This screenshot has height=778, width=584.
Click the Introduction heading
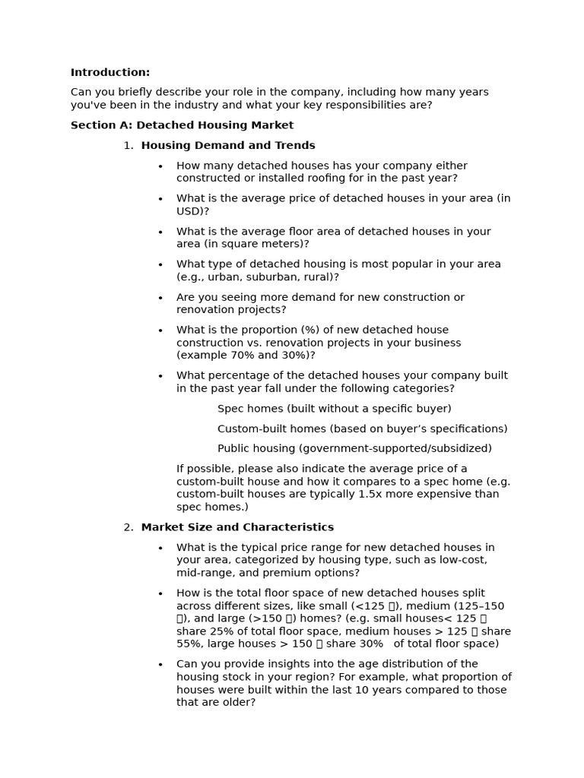point(110,72)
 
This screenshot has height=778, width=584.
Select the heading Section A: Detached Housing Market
point(182,125)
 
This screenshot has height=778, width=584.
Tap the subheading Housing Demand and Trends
point(228,145)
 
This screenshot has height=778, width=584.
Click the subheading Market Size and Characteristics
point(237,527)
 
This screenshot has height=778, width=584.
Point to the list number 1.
point(128,145)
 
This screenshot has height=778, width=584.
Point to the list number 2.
point(128,527)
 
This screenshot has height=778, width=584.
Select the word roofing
point(325,179)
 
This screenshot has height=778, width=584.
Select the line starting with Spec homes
point(334,409)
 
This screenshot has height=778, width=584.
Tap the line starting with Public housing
point(354,448)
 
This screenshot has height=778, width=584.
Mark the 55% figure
point(189,644)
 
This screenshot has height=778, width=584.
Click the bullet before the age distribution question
point(160,665)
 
